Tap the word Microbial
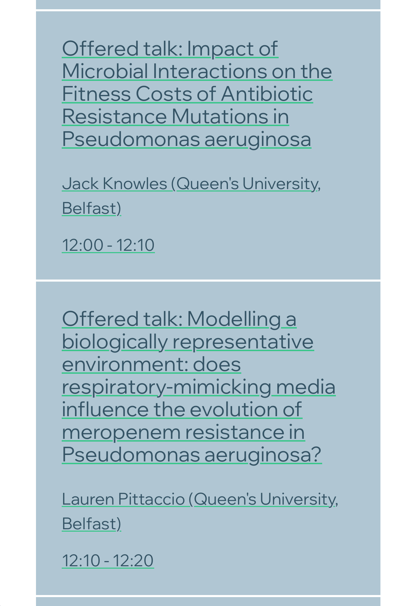[105, 71]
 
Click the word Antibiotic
[267, 94]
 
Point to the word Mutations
[220, 116]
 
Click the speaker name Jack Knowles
[114, 184]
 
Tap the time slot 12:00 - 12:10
[108, 245]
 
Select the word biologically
[115, 342]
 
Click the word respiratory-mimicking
[167, 387]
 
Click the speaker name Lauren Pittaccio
[123, 499]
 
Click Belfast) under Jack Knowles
[92, 208]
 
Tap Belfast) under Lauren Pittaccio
[92, 524]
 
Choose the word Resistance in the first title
[114, 116]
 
